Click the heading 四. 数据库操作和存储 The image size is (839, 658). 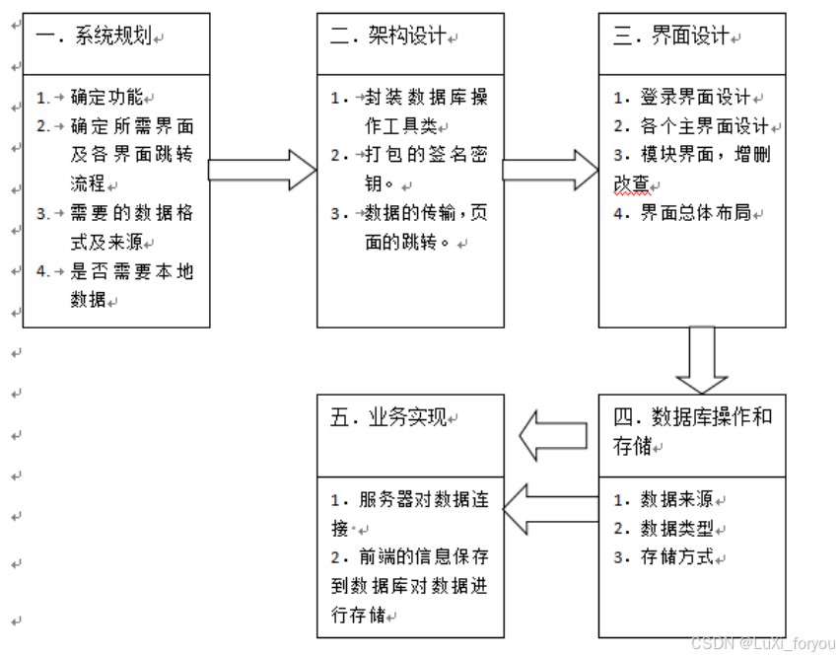[691, 430]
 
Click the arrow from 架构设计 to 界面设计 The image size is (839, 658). [550, 170]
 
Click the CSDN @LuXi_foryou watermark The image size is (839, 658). [762, 644]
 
